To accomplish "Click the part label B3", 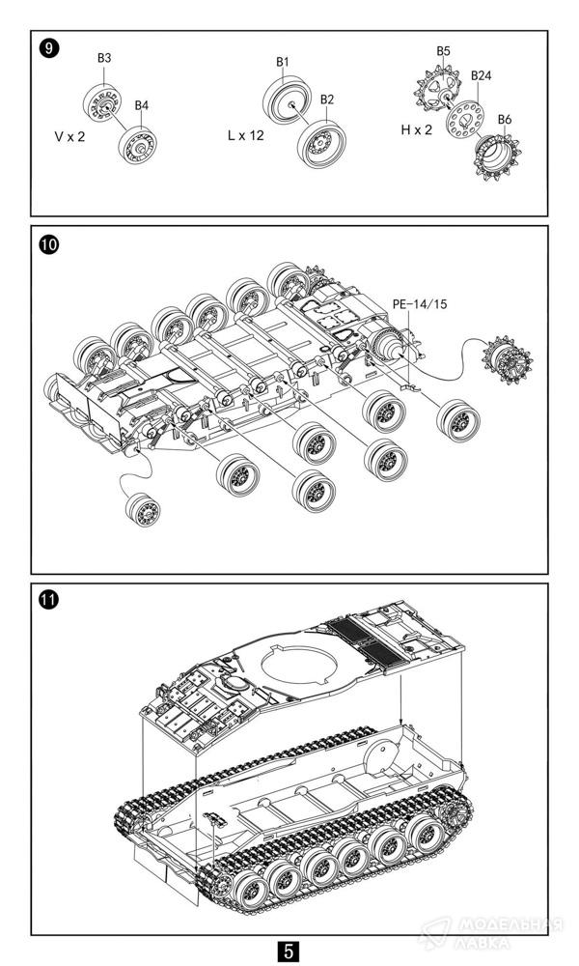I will click(104, 58).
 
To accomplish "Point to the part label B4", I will click(142, 104).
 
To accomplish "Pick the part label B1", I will click(283, 62).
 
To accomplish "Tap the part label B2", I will click(327, 99).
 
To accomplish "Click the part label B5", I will click(443, 50).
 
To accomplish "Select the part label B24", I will click(480, 75).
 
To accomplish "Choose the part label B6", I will click(505, 119).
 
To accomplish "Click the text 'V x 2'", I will click(69, 136).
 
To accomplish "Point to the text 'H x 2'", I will click(417, 130).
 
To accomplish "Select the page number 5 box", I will click(289, 951).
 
